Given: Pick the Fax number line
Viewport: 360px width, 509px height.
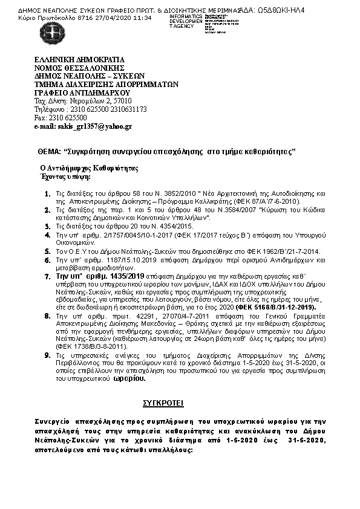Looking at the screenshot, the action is coord(60,118).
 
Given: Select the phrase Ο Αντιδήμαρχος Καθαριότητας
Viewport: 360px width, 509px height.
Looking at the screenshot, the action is coord(90,169).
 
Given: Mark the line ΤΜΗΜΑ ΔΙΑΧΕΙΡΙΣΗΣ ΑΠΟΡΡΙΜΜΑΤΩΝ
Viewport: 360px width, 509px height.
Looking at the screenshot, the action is coord(106,85).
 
